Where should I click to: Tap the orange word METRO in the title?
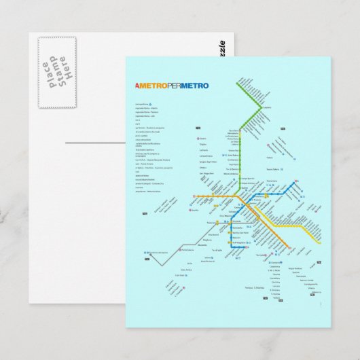[x=151, y=86]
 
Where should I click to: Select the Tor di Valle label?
[x=217, y=250]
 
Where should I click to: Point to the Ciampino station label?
[x=279, y=262]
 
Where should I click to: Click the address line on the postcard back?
[x=95, y=143]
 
